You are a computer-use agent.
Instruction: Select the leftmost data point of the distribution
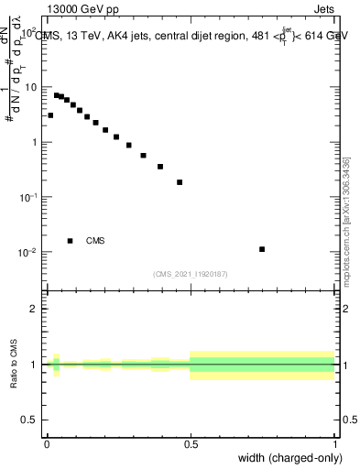coord(50,115)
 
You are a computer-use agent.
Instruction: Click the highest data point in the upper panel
coord(56,94)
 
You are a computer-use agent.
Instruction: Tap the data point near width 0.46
coord(180,182)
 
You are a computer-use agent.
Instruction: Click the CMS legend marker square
coord(70,241)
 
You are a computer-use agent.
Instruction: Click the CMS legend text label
coord(95,241)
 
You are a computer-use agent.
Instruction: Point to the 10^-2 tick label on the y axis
coord(29,252)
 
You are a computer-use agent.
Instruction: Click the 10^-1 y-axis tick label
coord(29,197)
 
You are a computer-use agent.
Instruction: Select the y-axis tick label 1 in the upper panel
coord(35,142)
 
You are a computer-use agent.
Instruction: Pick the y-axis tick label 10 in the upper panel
coord(31,87)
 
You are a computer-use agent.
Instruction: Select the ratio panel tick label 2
coord(35,308)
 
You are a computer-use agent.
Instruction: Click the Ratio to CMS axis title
coord(13,364)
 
